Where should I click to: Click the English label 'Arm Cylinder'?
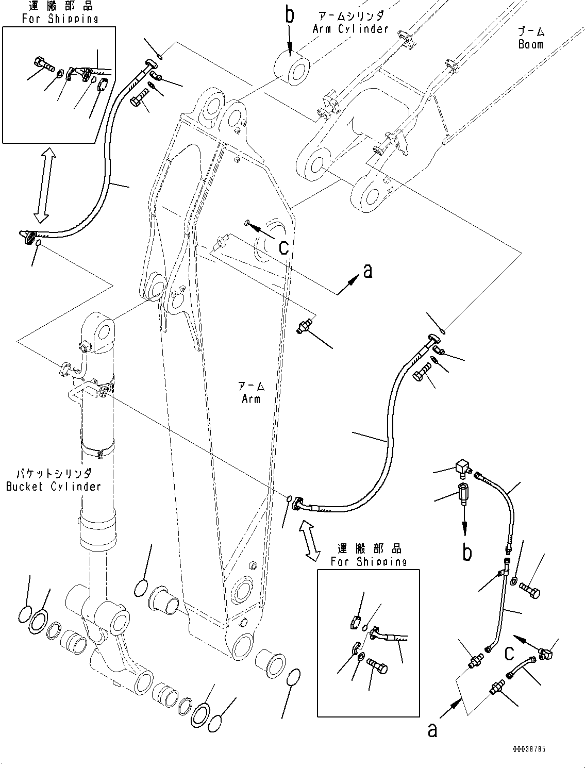pyautogui.click(x=350, y=29)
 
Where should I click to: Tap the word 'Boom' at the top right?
pyautogui.click(x=530, y=44)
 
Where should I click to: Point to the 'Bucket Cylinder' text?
pyautogui.click(x=54, y=486)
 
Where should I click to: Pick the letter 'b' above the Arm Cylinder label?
pyautogui.click(x=290, y=15)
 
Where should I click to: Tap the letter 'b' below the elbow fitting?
pyautogui.click(x=466, y=552)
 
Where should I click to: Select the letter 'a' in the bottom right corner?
pyautogui.click(x=432, y=729)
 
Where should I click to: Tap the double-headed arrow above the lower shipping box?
pyautogui.click(x=310, y=540)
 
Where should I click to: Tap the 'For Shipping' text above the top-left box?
pyautogui.click(x=60, y=19)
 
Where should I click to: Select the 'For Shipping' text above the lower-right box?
pyautogui.click(x=369, y=561)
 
